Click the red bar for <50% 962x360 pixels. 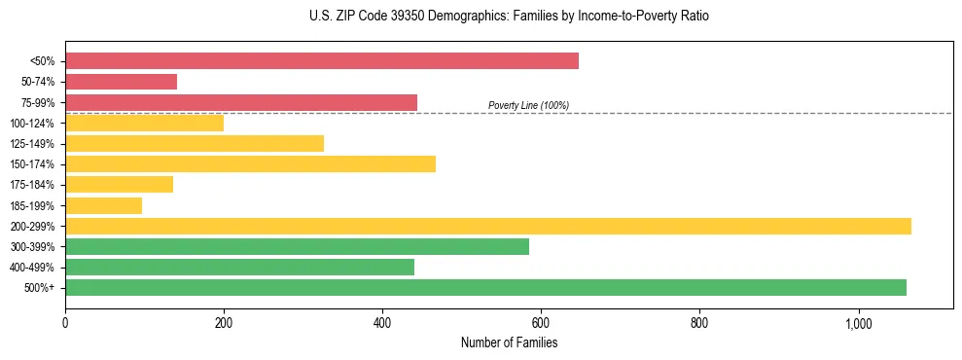[x=321, y=61]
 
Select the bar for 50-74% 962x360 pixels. [x=121, y=82]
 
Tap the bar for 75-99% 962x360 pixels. [x=240, y=102]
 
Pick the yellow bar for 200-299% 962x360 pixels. [x=487, y=226]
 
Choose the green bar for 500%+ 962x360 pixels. [x=485, y=287]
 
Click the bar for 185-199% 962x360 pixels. [x=103, y=205]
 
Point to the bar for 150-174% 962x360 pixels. [x=250, y=163]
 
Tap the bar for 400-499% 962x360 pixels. [x=239, y=267]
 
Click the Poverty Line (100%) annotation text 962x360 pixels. [x=528, y=105]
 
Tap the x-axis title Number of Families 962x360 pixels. [x=509, y=342]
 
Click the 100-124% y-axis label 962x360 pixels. [x=32, y=124]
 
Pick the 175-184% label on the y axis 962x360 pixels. [x=32, y=185]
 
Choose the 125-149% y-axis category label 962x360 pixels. [x=32, y=144]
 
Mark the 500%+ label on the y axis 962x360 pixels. [x=39, y=288]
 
